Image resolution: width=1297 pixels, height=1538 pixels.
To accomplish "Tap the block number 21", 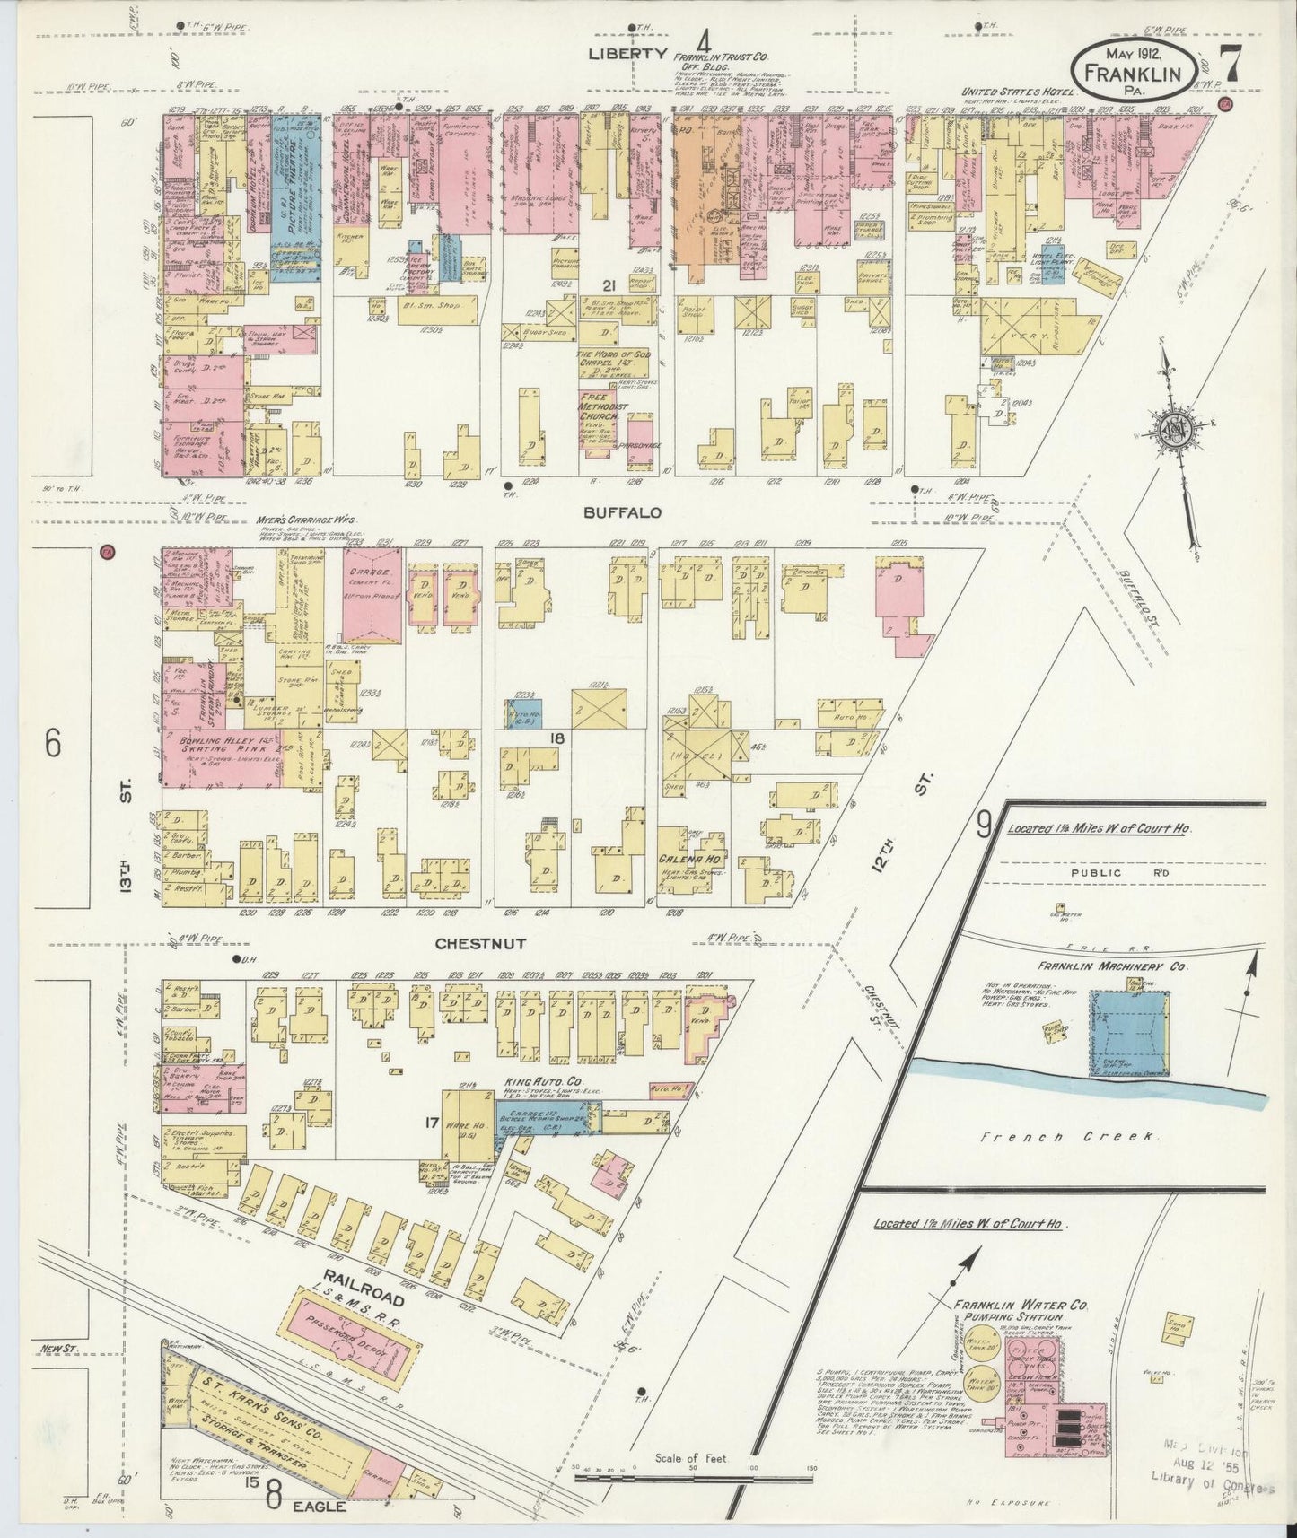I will pyautogui.click(x=609, y=286).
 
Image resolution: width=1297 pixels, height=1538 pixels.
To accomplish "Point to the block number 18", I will pyautogui.click(x=556, y=737).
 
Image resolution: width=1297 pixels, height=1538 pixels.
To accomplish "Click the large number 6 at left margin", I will pyautogui.click(x=53, y=743).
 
